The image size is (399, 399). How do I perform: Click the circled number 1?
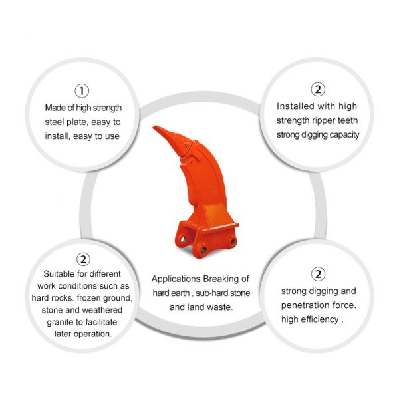(x=82, y=91)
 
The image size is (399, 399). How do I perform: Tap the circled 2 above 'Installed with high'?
(x=318, y=89)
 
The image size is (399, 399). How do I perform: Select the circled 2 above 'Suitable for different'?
(x=83, y=259)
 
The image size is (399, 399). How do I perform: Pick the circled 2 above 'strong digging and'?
(x=318, y=274)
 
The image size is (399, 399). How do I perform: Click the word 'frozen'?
(x=88, y=298)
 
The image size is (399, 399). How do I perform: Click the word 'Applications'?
(x=176, y=279)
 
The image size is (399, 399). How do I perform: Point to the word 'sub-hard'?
(x=210, y=293)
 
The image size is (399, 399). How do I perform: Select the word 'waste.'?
(x=220, y=307)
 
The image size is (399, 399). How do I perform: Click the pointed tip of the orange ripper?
(x=153, y=127)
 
